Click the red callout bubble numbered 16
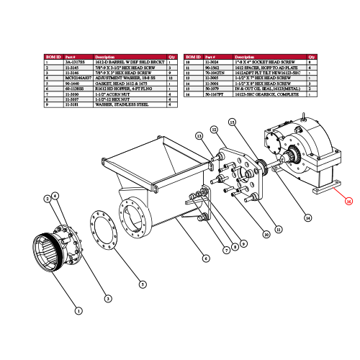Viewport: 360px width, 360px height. click(x=348, y=201)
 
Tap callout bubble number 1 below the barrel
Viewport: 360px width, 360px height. click(x=78, y=310)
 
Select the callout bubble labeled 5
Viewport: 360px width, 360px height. click(x=143, y=284)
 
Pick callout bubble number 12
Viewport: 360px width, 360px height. click(x=214, y=129)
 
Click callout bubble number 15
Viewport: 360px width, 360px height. click(x=233, y=122)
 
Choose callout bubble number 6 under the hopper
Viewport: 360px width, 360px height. click(x=206, y=258)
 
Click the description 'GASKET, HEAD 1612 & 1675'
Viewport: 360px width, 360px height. click(x=115, y=83)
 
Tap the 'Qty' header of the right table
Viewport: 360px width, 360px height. click(x=312, y=55)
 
